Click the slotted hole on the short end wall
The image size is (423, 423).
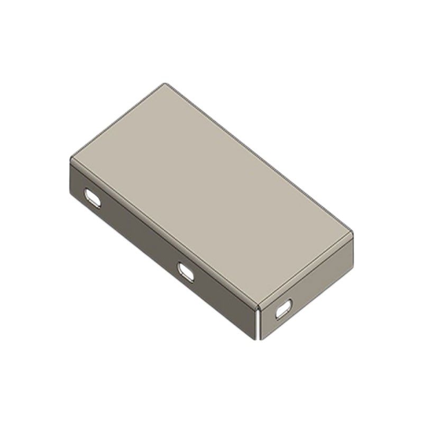coord(283,309)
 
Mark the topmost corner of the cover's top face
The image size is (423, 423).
coord(165,84)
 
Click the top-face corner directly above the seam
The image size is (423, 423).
coord(259,305)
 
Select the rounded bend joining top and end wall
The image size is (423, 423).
coord(307,270)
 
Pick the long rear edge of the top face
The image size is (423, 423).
coord(259,158)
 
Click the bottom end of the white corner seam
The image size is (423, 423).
coord(259,338)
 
